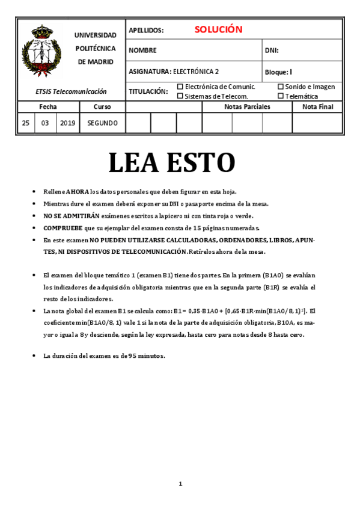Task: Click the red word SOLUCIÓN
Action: coord(218,29)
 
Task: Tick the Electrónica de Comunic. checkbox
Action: coord(180,87)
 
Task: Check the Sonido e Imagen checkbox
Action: coord(281,87)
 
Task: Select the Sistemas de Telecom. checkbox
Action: coord(180,96)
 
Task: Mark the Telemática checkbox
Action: coord(281,96)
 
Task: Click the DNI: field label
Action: coord(272,51)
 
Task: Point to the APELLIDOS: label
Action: coord(146,30)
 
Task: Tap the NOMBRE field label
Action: coord(142,51)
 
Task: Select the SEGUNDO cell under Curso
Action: coord(102,123)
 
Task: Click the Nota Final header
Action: coord(317,106)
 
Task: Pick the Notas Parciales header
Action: coord(247,106)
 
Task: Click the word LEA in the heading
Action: coord(136,162)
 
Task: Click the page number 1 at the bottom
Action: coord(180,484)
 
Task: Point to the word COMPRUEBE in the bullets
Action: coord(63,228)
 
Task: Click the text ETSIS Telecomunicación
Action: coord(71,91)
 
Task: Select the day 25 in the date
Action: coord(25,123)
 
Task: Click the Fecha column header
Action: coord(48,106)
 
